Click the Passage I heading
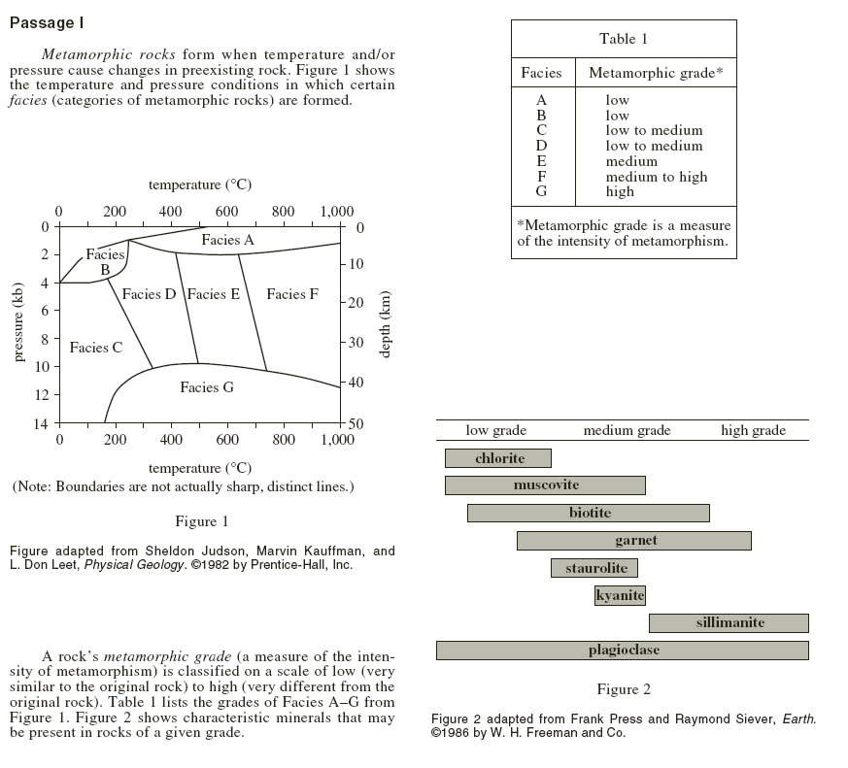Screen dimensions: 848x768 click(47, 22)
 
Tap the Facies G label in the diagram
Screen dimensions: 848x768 click(207, 387)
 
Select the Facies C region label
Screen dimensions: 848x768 click(96, 347)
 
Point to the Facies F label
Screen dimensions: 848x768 click(292, 294)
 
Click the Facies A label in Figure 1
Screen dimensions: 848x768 click(227, 240)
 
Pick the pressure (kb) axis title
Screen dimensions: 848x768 click(18, 322)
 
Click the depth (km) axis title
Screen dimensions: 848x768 click(384, 324)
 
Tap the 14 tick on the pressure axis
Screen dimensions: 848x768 click(41, 423)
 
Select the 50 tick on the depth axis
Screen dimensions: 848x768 click(356, 423)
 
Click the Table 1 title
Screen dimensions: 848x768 click(623, 39)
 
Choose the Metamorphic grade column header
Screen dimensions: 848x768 click(656, 73)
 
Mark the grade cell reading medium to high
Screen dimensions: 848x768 click(656, 177)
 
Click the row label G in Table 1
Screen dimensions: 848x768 click(541, 191)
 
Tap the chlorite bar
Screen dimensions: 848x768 click(498, 458)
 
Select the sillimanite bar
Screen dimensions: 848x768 click(729, 622)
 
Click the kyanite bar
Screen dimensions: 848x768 click(620, 595)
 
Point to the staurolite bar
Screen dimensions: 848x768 click(594, 568)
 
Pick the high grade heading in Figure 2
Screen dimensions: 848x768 click(754, 430)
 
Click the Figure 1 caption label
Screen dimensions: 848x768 click(202, 521)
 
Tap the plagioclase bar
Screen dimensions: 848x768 click(623, 651)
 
